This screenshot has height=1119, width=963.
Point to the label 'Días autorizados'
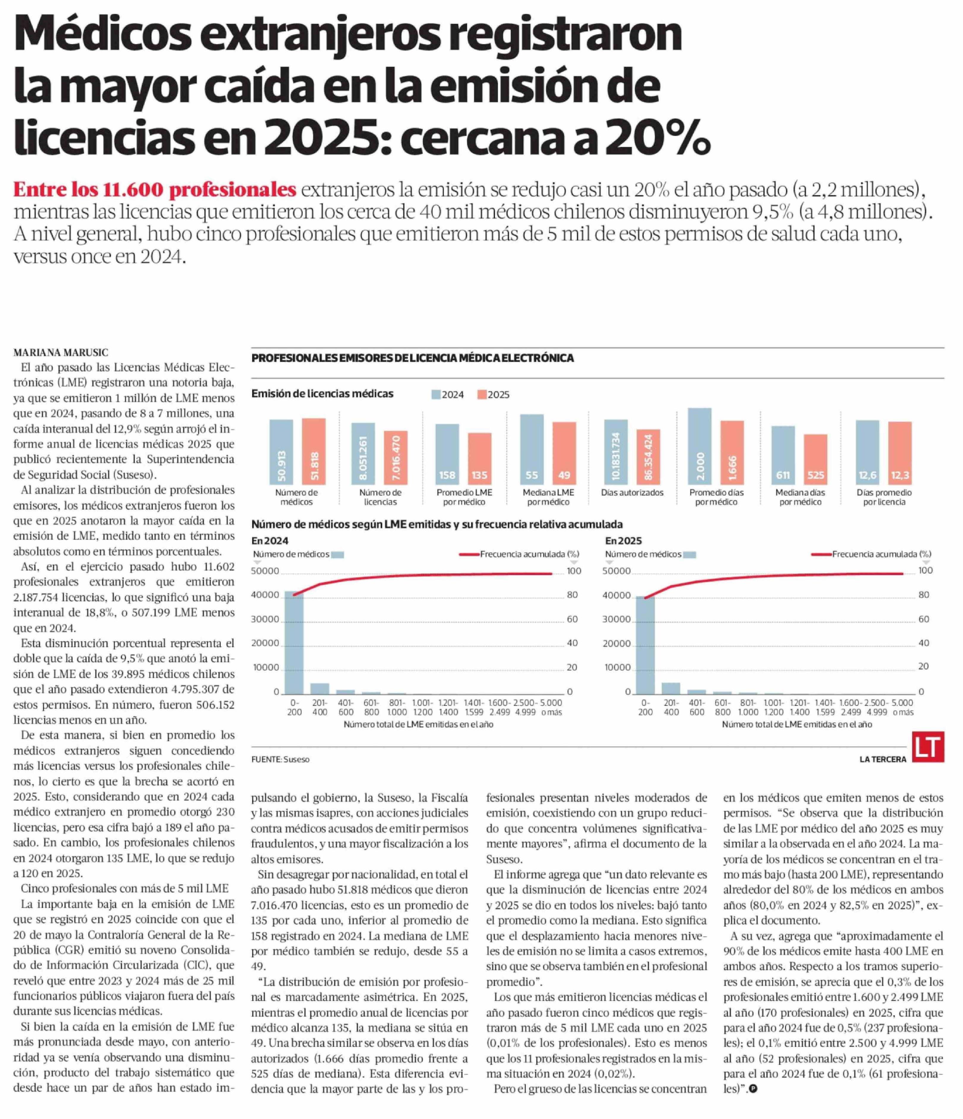pyautogui.click(x=632, y=492)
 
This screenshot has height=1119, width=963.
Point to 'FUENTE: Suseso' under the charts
pyautogui.click(x=280, y=759)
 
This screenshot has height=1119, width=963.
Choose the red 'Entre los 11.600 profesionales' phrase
pyautogui.click(x=155, y=190)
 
